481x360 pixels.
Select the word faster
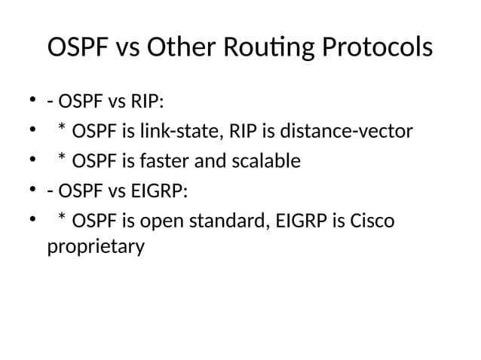[155, 161]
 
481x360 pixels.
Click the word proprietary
[96, 246]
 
